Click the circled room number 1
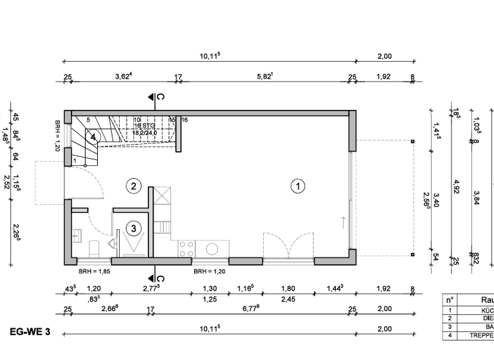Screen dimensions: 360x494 coord(297,186)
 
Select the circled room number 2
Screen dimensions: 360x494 coord(133,186)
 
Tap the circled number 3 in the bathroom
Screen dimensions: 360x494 coord(133,227)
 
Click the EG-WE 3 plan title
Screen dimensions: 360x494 coord(30,332)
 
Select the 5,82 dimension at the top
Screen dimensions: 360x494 coord(264,76)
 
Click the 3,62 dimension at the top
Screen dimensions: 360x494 coord(123,76)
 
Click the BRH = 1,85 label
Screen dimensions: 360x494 coord(91,271)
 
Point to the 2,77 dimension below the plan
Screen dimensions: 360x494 coord(151,289)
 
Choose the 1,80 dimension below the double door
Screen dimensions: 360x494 coord(288,289)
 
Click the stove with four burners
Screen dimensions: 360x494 coord(187,248)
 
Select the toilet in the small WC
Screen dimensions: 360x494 coord(93,246)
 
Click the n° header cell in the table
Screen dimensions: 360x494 coord(451,299)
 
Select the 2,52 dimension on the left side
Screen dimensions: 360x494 coord(8,182)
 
